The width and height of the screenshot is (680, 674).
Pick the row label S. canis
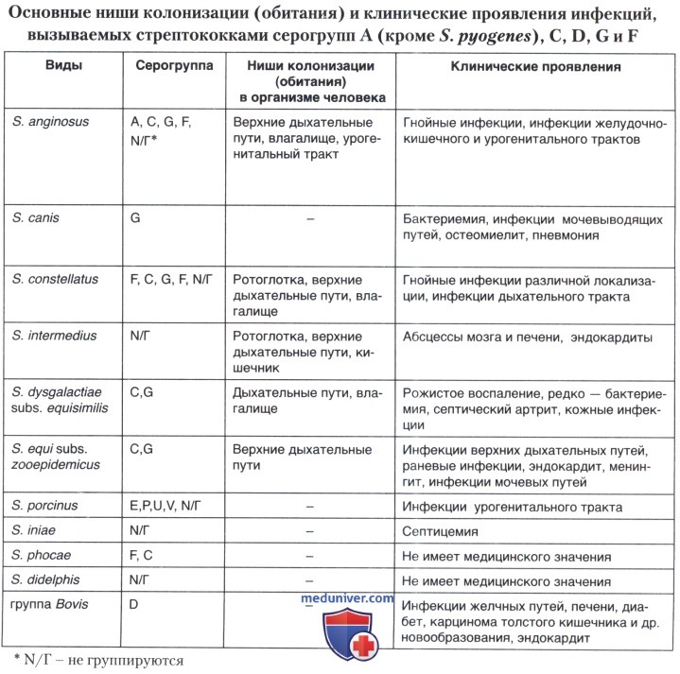point(35,217)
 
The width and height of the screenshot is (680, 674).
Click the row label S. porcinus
point(45,506)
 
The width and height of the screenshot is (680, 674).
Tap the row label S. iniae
point(35,531)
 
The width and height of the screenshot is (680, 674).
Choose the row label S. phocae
point(41,556)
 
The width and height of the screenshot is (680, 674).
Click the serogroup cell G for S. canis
point(135,217)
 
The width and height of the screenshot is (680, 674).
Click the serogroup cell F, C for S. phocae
point(143,556)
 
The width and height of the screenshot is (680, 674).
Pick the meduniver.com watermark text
point(347,598)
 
